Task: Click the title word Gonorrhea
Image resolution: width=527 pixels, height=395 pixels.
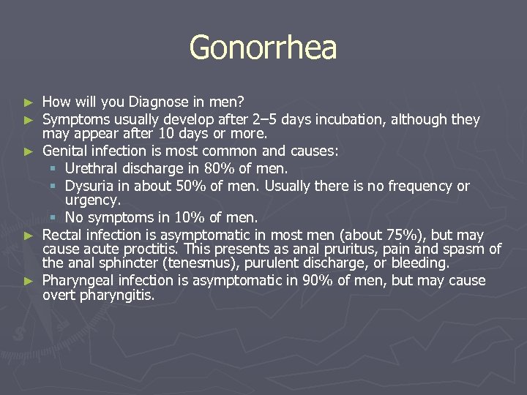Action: click(x=263, y=48)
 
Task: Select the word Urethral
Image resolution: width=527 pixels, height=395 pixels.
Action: click(x=91, y=168)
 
